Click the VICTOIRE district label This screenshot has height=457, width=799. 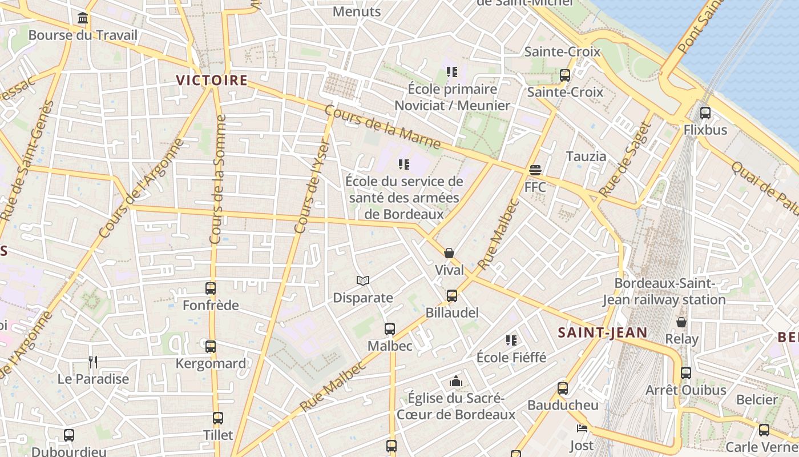pyautogui.click(x=212, y=81)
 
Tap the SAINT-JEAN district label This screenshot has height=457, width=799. pyautogui.click(x=603, y=332)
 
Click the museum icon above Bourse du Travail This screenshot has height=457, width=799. pyautogui.click(x=83, y=18)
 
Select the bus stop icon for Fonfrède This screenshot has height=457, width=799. pyautogui.click(x=211, y=288)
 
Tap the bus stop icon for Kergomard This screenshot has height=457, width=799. pyautogui.click(x=211, y=346)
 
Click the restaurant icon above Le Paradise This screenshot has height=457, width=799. pyautogui.click(x=93, y=362)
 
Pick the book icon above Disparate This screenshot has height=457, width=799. pyautogui.click(x=363, y=280)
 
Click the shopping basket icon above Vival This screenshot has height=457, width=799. pyautogui.click(x=449, y=253)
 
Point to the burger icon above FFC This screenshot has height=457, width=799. pyautogui.click(x=535, y=170)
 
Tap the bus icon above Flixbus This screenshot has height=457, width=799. pyautogui.click(x=705, y=113)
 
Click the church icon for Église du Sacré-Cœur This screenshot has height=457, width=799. pyautogui.click(x=455, y=381)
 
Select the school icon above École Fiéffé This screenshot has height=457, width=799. pyautogui.click(x=511, y=340)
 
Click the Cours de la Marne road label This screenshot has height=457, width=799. pyautogui.click(x=382, y=127)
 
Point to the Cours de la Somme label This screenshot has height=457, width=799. pyautogui.click(x=217, y=179)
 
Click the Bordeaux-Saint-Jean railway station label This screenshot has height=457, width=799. pyautogui.click(x=664, y=291)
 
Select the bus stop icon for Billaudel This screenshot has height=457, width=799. pyautogui.click(x=452, y=296)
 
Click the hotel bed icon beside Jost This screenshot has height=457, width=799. pyautogui.click(x=582, y=428)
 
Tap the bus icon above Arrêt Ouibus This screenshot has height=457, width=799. pyautogui.click(x=686, y=373)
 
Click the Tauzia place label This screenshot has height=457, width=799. pyautogui.click(x=586, y=156)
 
